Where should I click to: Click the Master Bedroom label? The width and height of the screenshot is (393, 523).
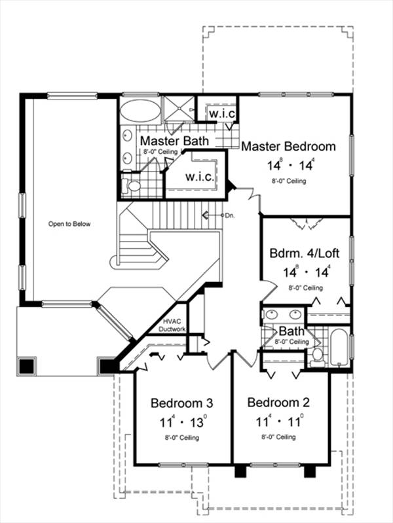click(x=288, y=147)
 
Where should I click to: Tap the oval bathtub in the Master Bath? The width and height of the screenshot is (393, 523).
click(x=140, y=111)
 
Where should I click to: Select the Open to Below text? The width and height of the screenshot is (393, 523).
click(x=69, y=224)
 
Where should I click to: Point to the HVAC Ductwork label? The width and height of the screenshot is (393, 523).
click(x=172, y=325)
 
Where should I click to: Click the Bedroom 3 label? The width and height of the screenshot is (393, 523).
click(x=181, y=403)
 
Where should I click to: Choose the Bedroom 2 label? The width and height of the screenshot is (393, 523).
click(x=278, y=403)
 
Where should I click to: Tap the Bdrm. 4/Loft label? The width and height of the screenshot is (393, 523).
click(x=304, y=253)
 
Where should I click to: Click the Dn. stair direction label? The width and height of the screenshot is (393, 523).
click(x=230, y=215)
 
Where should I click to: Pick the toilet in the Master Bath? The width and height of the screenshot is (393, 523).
click(x=131, y=185)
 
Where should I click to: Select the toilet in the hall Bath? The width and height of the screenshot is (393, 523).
click(x=316, y=356)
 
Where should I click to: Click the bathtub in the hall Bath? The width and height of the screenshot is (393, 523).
click(x=339, y=348)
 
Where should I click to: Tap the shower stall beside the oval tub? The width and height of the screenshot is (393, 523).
click(x=178, y=108)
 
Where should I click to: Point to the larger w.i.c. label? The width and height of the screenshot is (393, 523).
click(x=200, y=177)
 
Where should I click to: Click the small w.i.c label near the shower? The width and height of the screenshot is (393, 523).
click(x=222, y=114)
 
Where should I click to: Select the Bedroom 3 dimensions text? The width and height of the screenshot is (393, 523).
click(x=183, y=422)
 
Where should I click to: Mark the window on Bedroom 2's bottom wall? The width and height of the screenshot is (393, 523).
click(x=275, y=465)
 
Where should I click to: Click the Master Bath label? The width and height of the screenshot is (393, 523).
click(x=174, y=141)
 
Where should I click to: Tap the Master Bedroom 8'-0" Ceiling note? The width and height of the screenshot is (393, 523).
click(x=289, y=181)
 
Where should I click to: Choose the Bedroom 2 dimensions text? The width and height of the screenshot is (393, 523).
click(x=279, y=421)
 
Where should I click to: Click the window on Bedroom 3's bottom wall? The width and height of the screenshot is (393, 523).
click(x=183, y=465)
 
